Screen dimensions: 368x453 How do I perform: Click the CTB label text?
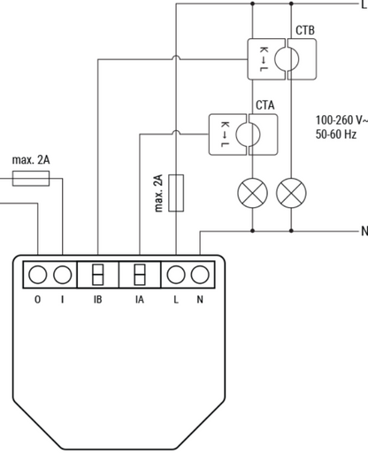coord(305,30)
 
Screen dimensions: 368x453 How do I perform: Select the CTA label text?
coord(265,105)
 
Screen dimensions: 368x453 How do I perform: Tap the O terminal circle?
coord(37,274)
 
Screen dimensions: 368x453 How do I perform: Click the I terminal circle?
coord(63,274)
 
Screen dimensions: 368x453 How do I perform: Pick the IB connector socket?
coord(98,274)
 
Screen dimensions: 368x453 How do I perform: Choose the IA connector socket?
coord(140,274)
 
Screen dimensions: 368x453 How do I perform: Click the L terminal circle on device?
coord(176,274)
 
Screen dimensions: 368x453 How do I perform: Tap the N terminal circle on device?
coord(200,274)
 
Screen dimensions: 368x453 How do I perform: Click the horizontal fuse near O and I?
coord(31,179)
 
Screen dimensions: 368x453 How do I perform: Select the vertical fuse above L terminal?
coord(176,193)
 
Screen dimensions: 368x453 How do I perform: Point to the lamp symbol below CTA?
coord(252,193)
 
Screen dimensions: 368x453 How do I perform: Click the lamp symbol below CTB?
coord(291,193)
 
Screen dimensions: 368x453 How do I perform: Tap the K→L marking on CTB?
coord(264,59)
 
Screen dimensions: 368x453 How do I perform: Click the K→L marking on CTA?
coord(225,134)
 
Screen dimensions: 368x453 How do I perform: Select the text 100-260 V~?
coord(341,120)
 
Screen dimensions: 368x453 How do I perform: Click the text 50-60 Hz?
coord(336,134)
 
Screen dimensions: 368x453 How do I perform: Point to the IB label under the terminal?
coord(98,300)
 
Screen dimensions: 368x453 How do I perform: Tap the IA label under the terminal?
coord(140,300)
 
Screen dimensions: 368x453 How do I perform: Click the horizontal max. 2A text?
coord(31,160)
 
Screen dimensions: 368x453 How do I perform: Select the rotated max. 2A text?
coord(158,193)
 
